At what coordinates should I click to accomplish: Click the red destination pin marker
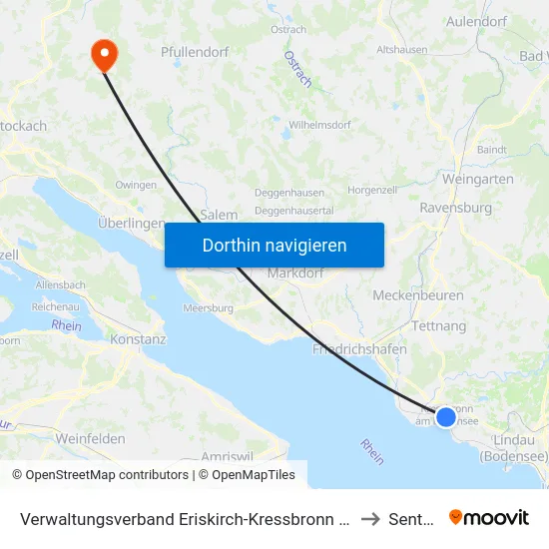(x=103, y=54)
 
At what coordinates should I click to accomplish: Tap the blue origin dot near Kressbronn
(x=446, y=417)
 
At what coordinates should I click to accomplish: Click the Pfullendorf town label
(x=195, y=52)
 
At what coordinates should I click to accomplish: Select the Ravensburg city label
(x=456, y=209)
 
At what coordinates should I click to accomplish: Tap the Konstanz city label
(x=139, y=339)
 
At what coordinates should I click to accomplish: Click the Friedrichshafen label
(x=358, y=350)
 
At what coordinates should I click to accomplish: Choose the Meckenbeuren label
(x=413, y=296)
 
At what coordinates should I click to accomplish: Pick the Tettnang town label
(x=439, y=326)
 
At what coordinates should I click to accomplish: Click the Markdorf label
(x=292, y=274)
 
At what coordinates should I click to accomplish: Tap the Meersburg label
(x=208, y=308)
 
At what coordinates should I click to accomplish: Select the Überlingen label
(x=131, y=224)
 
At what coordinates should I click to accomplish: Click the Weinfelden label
(x=91, y=439)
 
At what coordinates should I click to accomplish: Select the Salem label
(x=220, y=215)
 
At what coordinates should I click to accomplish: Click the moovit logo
(x=489, y=517)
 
